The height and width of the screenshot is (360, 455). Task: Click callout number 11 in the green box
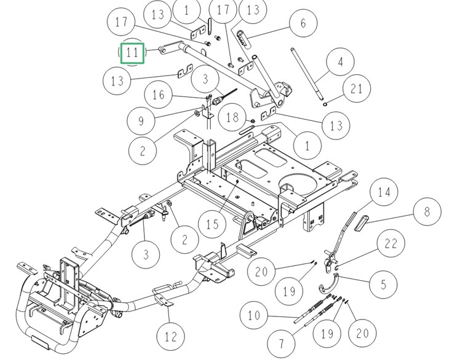tap(132, 52)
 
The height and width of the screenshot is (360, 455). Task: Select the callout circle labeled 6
tap(303, 24)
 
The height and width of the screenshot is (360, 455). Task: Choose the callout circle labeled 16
tap(159, 95)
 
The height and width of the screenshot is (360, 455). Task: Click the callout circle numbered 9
tap(141, 120)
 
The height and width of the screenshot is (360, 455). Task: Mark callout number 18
tap(232, 117)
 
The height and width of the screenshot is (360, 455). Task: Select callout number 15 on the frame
tap(212, 224)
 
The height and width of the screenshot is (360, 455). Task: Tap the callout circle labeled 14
tap(384, 193)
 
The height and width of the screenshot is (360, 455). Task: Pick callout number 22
tap(391, 244)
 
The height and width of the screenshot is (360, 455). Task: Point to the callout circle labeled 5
tap(384, 284)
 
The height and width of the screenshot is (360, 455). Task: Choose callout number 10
tap(254, 316)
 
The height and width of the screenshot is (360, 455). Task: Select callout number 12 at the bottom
tap(170, 336)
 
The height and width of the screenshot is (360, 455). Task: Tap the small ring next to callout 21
tap(325, 103)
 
